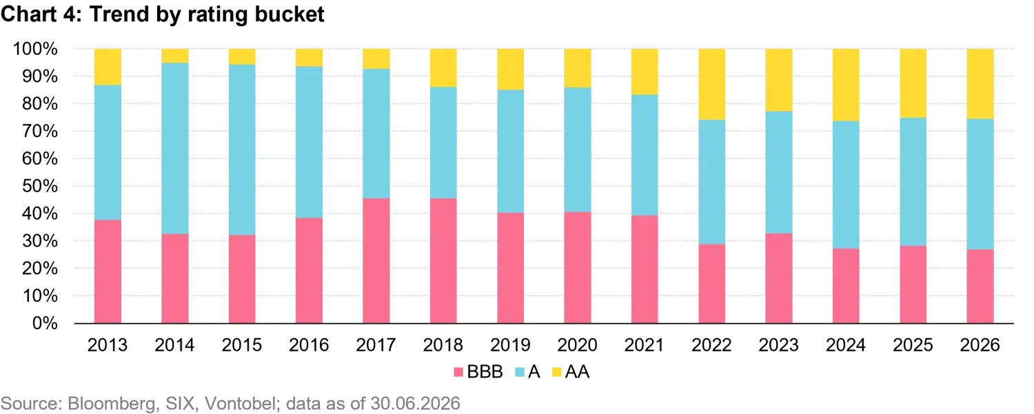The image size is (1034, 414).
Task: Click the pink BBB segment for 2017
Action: (x=376, y=261)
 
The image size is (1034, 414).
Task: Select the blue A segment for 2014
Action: (x=175, y=148)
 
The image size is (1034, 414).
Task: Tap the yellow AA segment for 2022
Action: (x=712, y=85)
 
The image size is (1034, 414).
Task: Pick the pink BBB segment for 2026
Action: (x=980, y=286)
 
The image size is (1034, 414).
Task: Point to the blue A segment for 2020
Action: (x=578, y=150)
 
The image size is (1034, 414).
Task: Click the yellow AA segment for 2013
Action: (x=108, y=67)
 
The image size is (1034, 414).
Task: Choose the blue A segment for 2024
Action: (x=846, y=185)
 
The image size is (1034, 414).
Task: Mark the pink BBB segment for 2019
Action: (x=511, y=268)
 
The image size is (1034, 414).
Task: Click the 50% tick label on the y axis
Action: (x=40, y=186)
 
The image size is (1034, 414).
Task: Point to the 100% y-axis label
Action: (x=36, y=48)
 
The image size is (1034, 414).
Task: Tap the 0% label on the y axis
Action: (x=45, y=323)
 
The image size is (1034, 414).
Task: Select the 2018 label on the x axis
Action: (x=443, y=345)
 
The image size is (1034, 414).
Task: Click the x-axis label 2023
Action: (x=779, y=345)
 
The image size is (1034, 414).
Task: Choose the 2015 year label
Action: (x=242, y=345)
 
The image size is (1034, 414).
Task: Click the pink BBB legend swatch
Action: (x=458, y=372)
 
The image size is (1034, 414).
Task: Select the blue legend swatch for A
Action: (x=520, y=372)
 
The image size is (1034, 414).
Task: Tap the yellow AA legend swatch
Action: (x=557, y=372)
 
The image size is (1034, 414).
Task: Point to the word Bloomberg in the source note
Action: (x=111, y=404)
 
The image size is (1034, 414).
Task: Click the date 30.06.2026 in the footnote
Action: (x=416, y=404)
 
